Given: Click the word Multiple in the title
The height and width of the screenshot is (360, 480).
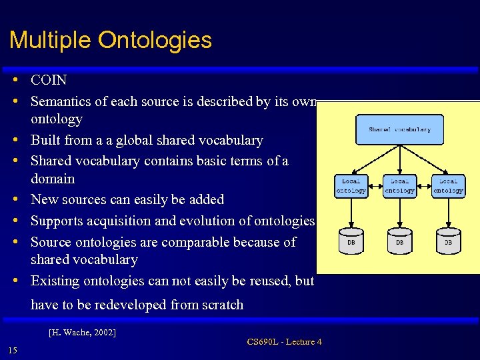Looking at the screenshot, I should (51, 41).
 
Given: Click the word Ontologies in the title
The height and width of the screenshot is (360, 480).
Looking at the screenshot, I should (155, 41).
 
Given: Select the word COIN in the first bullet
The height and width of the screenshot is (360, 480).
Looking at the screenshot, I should (49, 80).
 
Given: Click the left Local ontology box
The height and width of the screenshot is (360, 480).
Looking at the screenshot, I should (351, 186).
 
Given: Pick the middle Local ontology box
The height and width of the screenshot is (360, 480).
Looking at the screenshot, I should (399, 186).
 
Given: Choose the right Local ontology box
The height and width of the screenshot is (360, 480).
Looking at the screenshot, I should (448, 186).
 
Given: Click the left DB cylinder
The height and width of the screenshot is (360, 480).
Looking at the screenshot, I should (351, 242).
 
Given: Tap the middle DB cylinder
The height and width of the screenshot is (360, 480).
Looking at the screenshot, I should (399, 242).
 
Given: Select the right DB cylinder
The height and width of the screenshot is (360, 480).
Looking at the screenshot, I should (448, 242).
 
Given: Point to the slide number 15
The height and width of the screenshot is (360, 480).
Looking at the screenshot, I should (13, 351).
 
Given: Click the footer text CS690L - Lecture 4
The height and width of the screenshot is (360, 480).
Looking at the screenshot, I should (284, 342).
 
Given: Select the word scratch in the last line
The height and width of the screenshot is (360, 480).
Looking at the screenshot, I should (221, 305).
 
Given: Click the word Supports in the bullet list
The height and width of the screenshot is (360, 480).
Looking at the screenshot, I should (55, 221).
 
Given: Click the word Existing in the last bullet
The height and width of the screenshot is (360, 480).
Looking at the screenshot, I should (55, 281).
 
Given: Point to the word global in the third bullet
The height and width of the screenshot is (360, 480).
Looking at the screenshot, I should (133, 141).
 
